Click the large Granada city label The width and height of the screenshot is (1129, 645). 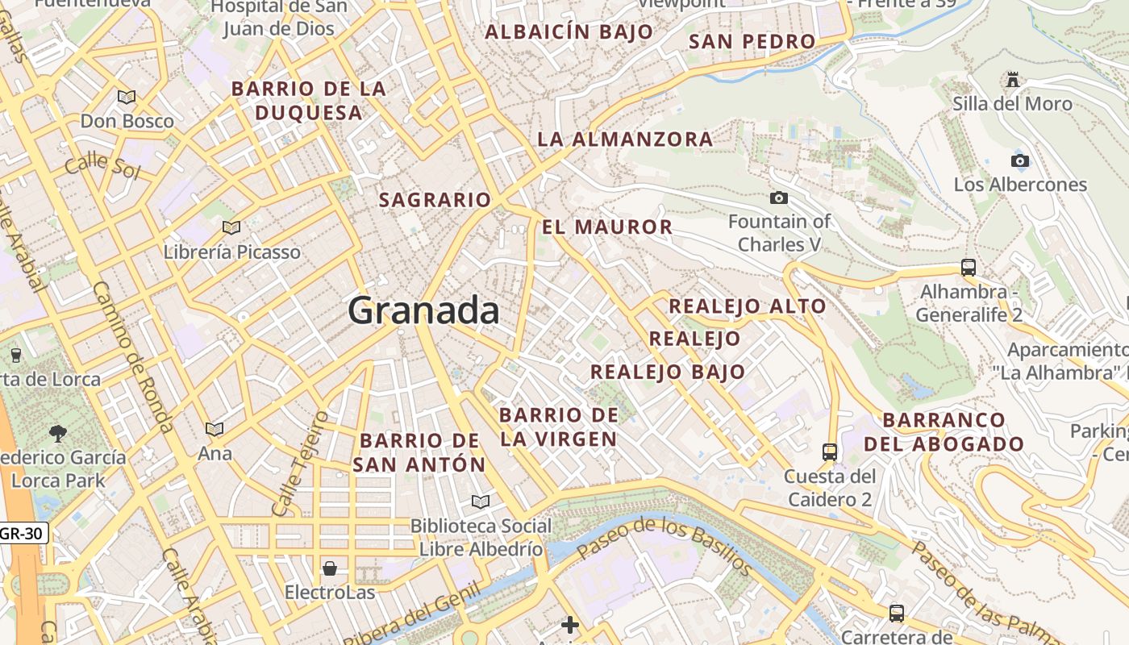(424, 310)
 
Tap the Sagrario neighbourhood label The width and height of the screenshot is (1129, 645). (435, 200)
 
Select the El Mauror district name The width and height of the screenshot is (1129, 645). (607, 227)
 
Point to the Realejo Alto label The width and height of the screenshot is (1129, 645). (748, 306)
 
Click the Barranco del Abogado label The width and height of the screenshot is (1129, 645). (944, 432)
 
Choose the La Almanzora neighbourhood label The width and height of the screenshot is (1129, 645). (625, 139)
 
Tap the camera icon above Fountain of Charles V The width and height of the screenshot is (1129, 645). (778, 198)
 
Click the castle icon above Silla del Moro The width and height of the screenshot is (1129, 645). (1012, 80)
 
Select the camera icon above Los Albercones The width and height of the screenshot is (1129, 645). (1020, 160)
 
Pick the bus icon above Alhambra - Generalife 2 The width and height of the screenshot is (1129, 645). (969, 267)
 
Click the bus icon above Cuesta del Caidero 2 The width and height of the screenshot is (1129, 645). (830, 451)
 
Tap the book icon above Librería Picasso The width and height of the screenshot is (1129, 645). (231, 228)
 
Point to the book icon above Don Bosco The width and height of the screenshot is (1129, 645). (127, 98)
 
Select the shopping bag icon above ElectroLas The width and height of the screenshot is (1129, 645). (329, 568)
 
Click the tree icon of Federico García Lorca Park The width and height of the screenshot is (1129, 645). (57, 434)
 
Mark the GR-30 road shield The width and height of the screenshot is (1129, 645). (23, 533)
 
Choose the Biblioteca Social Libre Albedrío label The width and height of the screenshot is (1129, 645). (481, 538)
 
